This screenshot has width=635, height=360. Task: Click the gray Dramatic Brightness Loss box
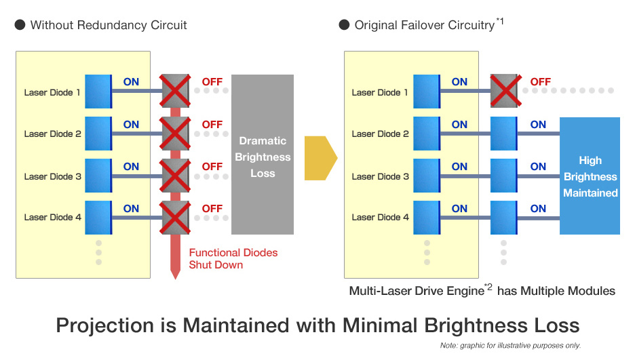[x=263, y=155]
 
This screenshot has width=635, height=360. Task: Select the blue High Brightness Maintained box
[x=590, y=176]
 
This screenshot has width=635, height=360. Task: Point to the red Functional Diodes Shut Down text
[x=233, y=258]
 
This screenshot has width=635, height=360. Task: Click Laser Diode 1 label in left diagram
[x=53, y=92]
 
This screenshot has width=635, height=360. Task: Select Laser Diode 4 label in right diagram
[x=381, y=217]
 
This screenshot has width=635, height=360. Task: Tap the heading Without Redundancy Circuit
[x=109, y=25]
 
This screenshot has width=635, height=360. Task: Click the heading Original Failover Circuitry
[x=424, y=25]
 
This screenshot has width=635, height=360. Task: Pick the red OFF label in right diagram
[x=540, y=82]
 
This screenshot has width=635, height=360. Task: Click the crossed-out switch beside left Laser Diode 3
[x=174, y=176]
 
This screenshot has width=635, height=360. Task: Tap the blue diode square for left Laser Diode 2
[x=98, y=134]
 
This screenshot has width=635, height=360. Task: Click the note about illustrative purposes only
[x=510, y=346]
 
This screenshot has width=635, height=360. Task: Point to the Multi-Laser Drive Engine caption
[x=482, y=290]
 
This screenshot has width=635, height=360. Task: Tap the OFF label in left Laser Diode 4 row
[x=212, y=208]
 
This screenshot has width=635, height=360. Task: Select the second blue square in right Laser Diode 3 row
[x=503, y=176]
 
